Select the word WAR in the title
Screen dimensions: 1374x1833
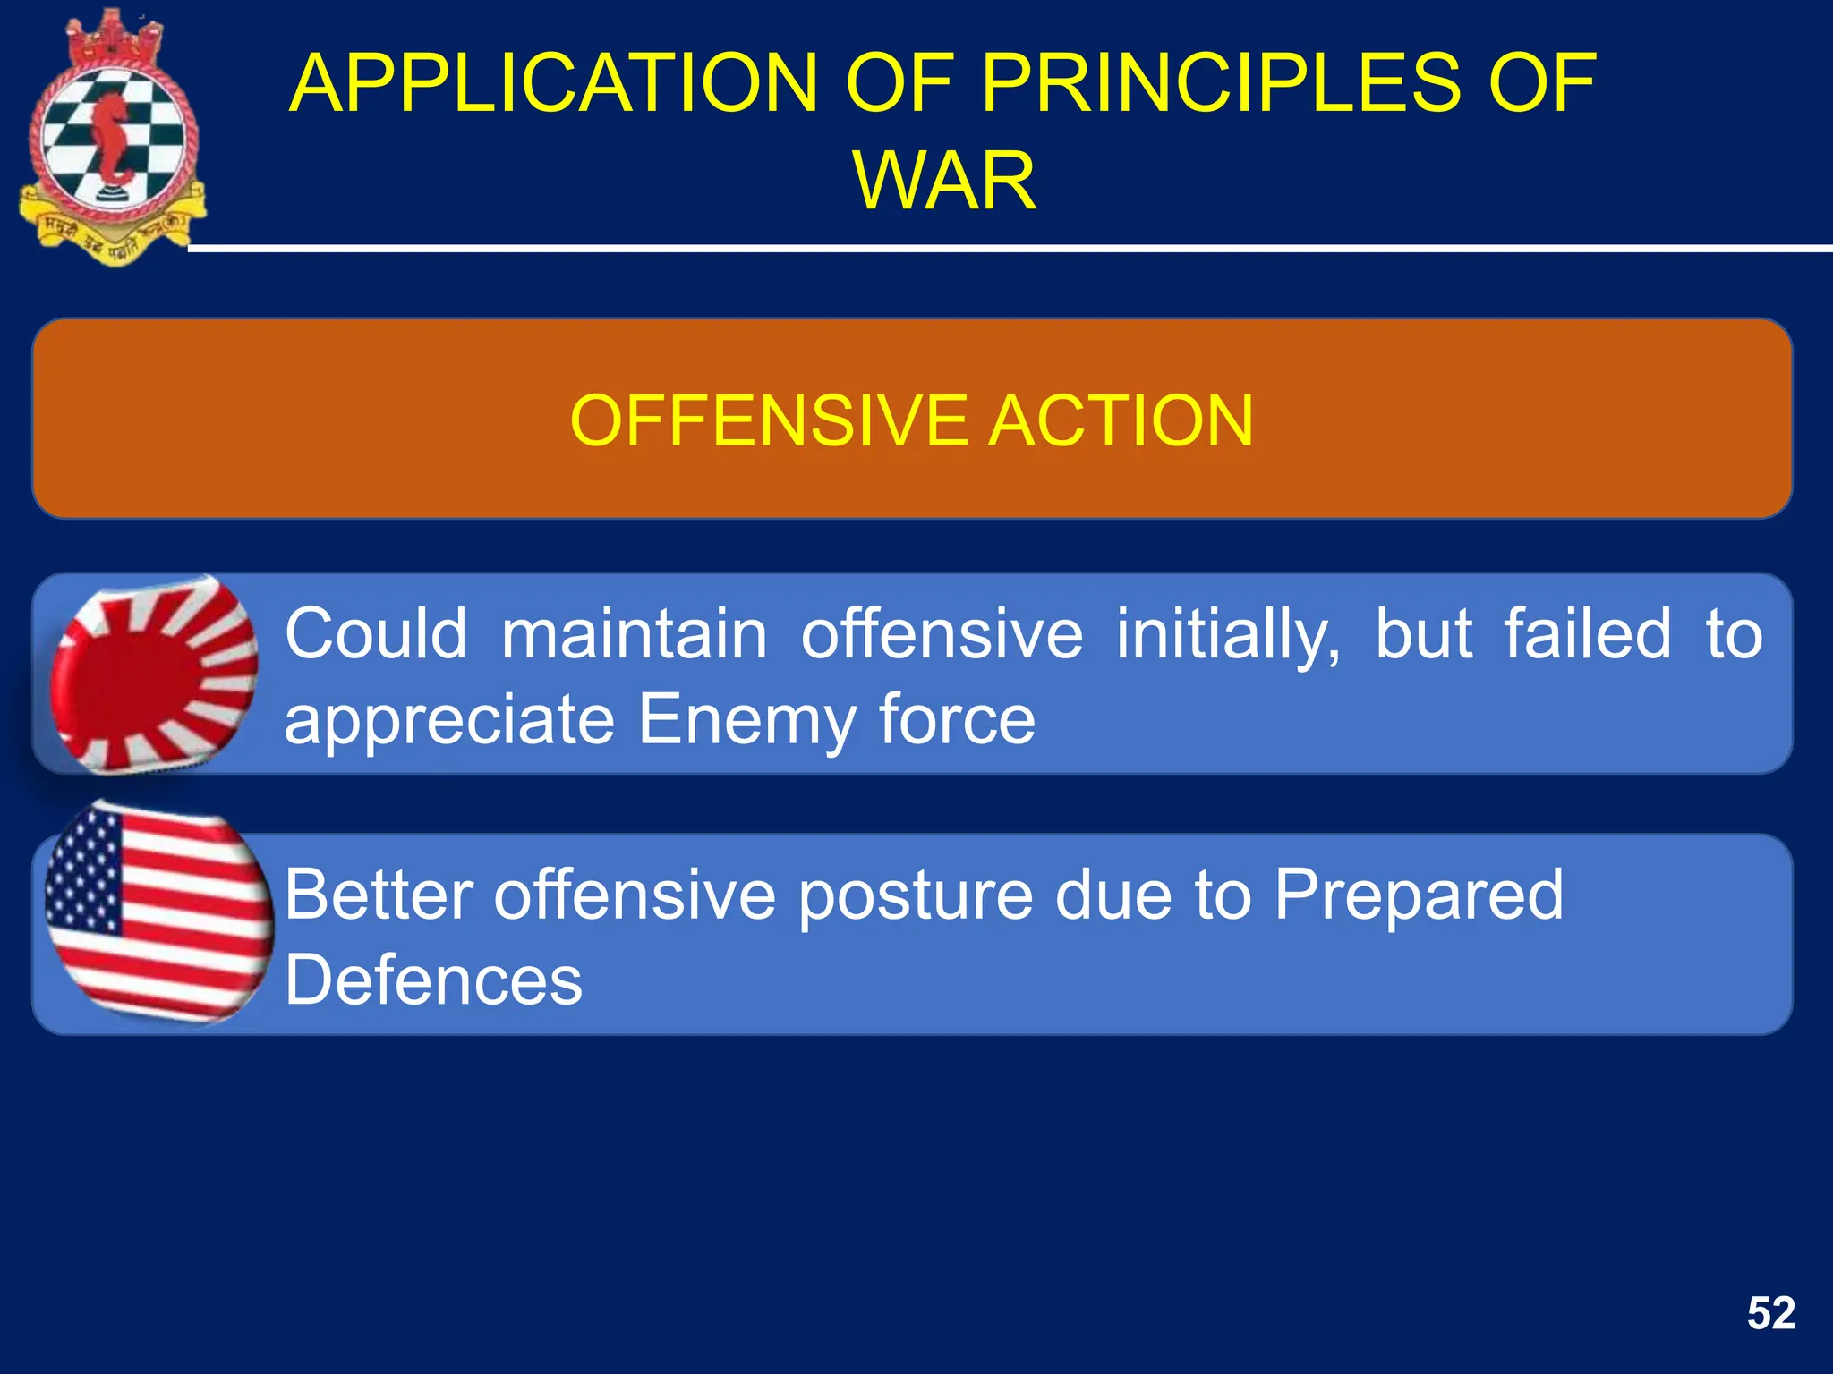(944, 181)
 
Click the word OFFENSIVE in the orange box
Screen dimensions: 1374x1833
(768, 420)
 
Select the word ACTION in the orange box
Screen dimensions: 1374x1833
(1121, 420)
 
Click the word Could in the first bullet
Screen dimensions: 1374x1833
(376, 633)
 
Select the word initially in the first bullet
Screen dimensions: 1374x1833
(1227, 633)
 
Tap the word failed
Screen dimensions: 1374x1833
(1586, 633)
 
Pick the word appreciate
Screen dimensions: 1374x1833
(448, 720)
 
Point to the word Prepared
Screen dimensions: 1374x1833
(1419, 895)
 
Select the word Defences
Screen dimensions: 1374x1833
(433, 980)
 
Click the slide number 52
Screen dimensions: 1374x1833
(1770, 1313)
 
